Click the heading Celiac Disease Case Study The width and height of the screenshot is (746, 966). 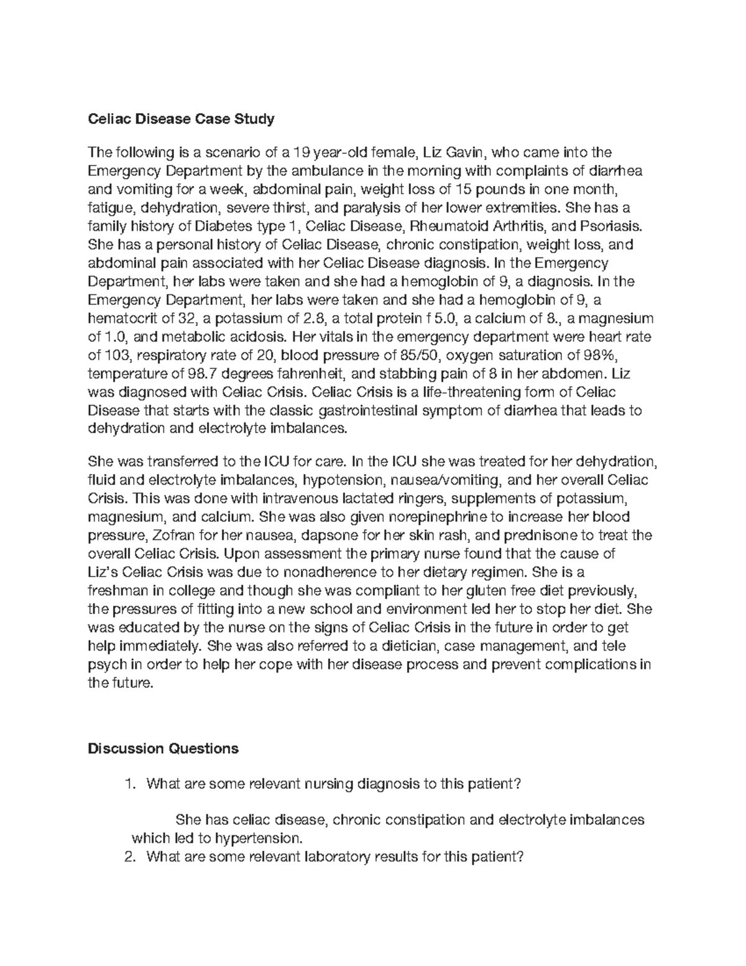(x=181, y=119)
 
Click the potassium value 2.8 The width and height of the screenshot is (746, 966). (x=312, y=319)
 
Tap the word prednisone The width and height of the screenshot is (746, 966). (x=531, y=536)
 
